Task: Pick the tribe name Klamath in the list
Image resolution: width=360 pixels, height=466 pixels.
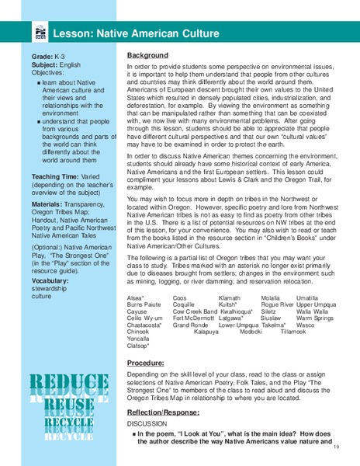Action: [x=230, y=297]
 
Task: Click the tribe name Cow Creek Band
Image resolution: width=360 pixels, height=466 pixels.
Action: [x=193, y=311]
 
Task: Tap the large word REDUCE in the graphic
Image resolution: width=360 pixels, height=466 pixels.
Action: [x=71, y=384]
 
